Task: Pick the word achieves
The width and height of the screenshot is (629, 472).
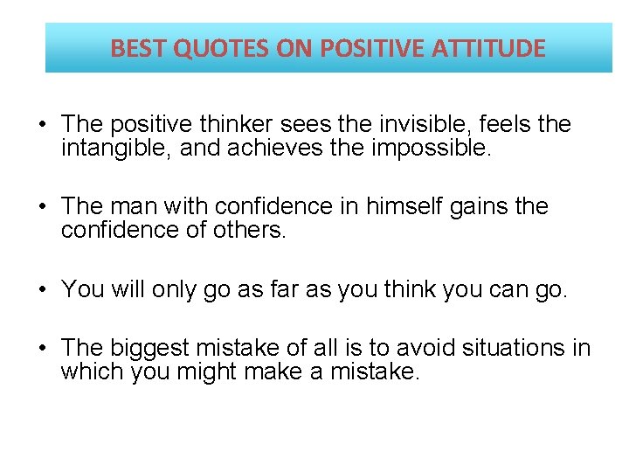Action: tap(273, 149)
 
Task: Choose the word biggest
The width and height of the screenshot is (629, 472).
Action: tap(151, 349)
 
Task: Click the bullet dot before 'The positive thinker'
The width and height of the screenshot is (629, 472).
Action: tap(43, 125)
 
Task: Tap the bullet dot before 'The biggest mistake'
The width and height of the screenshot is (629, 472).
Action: tap(43, 349)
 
